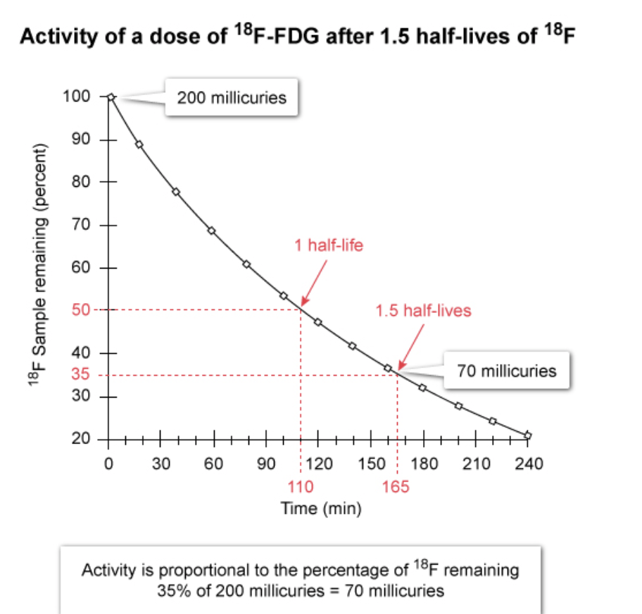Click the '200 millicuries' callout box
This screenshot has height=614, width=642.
[232, 97]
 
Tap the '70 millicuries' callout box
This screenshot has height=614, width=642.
[506, 370]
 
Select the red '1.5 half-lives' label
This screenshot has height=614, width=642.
[424, 311]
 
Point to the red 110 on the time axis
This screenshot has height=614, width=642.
[301, 486]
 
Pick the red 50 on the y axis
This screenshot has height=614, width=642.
[82, 309]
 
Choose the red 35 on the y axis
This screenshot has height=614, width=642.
[82, 375]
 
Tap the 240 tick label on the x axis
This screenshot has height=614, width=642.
[528, 463]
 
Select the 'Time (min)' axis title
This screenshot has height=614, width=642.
[321, 508]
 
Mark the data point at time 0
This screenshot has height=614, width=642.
[110, 97]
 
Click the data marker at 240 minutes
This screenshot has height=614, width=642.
[528, 435]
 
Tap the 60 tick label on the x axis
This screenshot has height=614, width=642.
[213, 463]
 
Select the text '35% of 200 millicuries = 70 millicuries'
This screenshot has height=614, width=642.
[301, 590]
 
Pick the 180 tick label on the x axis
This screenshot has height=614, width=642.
[423, 463]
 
